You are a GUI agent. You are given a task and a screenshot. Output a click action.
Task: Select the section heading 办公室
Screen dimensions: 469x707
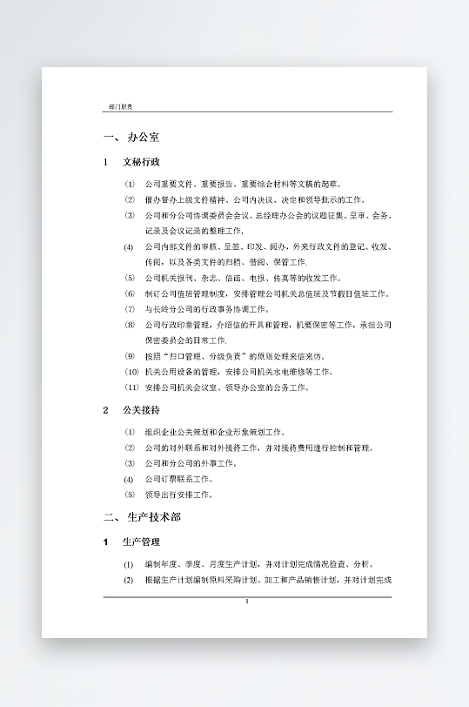[143, 138]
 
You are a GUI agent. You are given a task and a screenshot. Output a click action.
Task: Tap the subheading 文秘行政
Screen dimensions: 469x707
[141, 162]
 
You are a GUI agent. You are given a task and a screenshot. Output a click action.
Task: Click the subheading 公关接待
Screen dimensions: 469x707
[141, 409]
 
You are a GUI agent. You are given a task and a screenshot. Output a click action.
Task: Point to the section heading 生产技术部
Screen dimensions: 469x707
[154, 517]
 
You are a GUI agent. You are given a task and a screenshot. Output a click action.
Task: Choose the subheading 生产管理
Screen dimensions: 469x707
[141, 542]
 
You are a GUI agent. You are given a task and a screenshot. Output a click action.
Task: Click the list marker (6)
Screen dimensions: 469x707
[130, 293]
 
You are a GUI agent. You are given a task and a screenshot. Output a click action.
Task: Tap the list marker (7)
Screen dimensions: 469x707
[130, 309]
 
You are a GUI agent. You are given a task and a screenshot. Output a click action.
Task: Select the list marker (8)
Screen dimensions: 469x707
[130, 325]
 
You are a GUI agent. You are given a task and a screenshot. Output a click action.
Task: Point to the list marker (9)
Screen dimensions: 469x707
[130, 356]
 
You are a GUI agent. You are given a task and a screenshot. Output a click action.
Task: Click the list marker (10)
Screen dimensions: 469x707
[131, 372]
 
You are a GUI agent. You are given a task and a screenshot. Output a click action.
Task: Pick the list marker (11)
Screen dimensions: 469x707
[131, 387]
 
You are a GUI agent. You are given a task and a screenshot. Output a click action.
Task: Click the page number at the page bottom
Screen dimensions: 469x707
[247, 602]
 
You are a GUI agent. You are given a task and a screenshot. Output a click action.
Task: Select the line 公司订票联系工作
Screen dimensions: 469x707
[182, 479]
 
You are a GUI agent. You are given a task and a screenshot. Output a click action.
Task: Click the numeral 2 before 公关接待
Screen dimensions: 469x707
[105, 409]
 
